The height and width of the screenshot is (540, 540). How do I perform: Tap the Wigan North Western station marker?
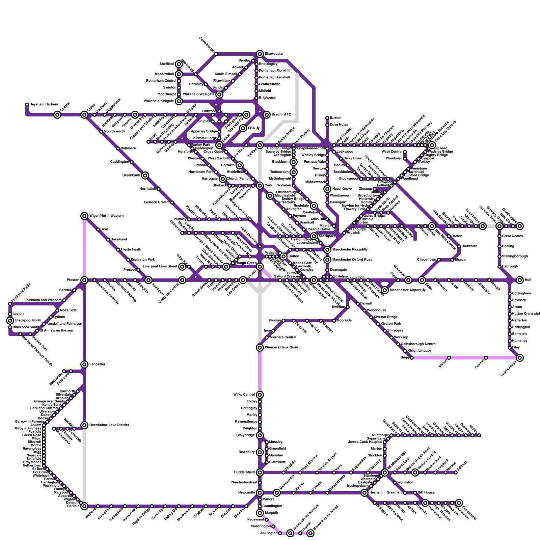coord(84,216)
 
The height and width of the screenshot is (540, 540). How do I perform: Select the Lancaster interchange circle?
coord(84,364)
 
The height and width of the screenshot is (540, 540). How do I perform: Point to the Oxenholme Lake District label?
coord(109,425)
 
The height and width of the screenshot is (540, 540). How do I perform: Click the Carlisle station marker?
coord(84,506)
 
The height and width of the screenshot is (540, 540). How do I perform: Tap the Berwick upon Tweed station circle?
coord(310,533)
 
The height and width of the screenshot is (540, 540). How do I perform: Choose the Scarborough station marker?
coord(520,358)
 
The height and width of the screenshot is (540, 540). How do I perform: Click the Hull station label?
coord(528,280)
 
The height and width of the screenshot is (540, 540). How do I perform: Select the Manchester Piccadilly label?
coord(350,250)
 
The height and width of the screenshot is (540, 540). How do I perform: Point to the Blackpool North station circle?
coord(10,321)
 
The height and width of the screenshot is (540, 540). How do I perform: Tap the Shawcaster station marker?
coord(260,54)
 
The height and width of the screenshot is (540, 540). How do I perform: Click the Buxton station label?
coord(336,118)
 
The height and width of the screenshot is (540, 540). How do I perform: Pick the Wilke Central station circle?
coord(260,395)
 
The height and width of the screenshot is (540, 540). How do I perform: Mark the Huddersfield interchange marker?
coord(260,473)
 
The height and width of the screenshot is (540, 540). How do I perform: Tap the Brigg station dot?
coord(412,358)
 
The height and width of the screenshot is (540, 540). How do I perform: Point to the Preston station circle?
coord(84,280)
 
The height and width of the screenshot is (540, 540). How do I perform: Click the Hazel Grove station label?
coord(342,189)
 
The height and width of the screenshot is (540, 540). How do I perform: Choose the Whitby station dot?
coord(479,435)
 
